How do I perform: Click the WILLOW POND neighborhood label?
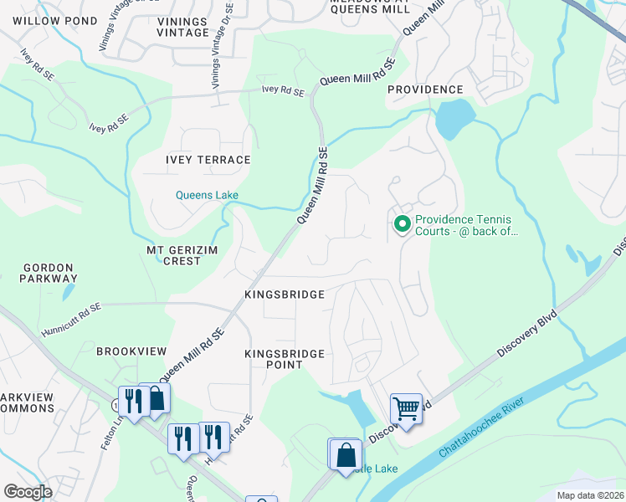(43, 19)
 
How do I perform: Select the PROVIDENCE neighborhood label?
(424, 90)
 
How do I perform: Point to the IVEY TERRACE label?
(208, 160)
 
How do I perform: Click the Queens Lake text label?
(207, 195)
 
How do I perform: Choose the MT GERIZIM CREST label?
(174, 255)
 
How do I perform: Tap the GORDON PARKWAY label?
(49, 273)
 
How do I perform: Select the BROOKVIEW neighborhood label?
(131, 351)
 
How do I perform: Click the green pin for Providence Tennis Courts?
(402, 223)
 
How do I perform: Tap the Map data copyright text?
(589, 495)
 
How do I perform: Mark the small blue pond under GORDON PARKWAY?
(65, 293)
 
